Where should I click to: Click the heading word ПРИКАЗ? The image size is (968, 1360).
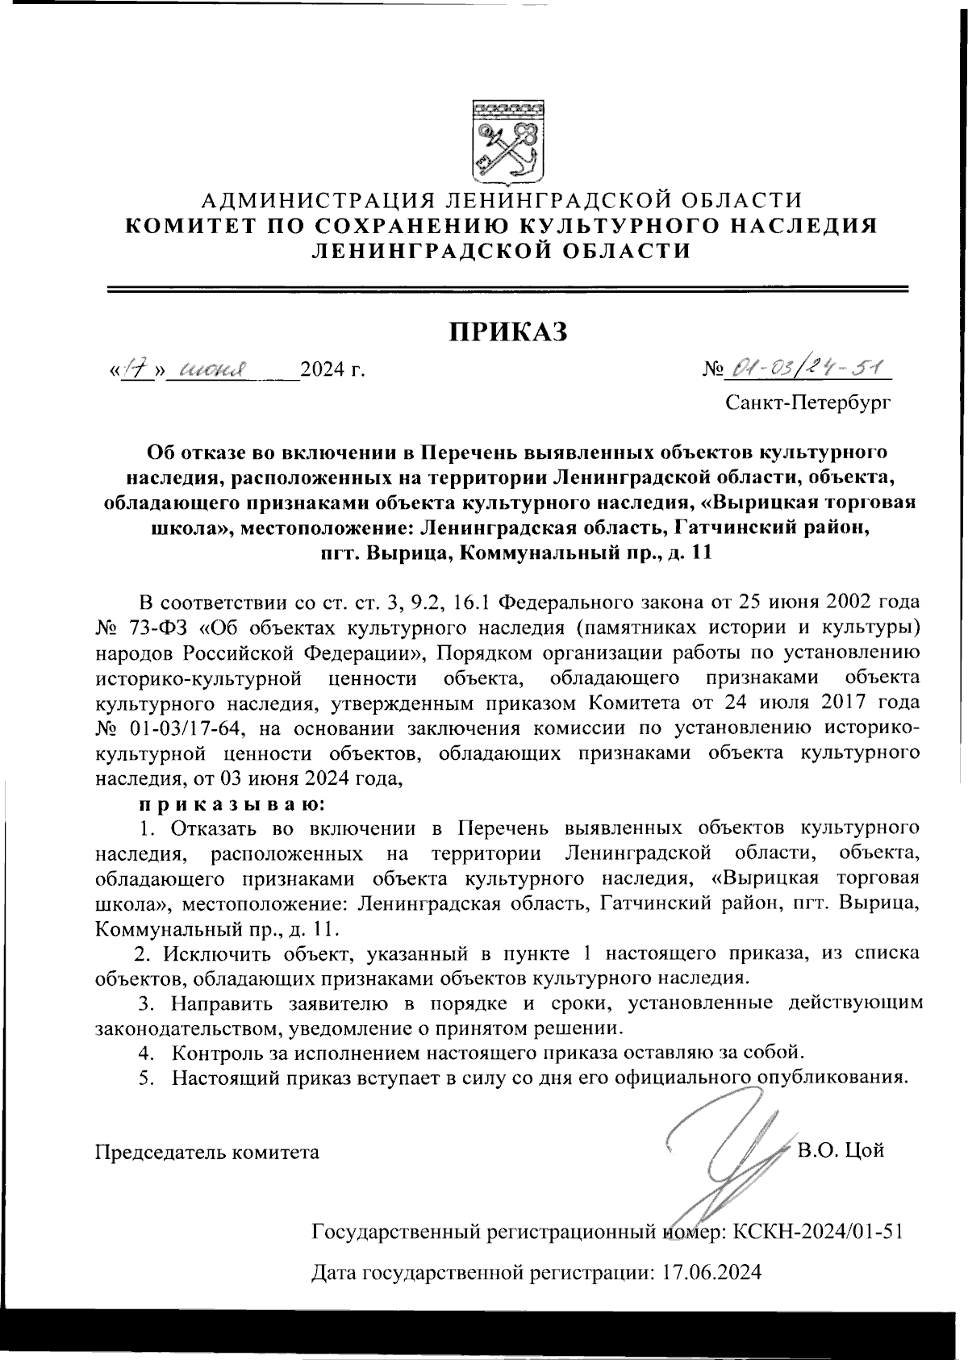pos(508,332)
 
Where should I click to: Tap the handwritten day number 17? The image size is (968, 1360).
pos(134,370)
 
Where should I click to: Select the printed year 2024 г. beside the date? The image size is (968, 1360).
pos(332,371)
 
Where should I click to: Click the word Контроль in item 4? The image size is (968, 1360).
pos(216,1053)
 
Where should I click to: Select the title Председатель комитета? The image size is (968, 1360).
pos(207,1152)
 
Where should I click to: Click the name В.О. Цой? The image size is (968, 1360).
pos(841,1150)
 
